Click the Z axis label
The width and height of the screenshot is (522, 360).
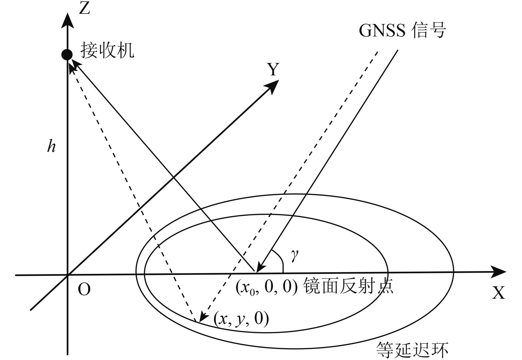[x=84, y=8]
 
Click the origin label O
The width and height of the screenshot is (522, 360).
[x=84, y=290]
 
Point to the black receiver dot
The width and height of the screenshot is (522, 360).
[x=67, y=55]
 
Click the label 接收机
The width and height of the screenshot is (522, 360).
[x=107, y=51]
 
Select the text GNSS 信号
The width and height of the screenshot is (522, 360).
[x=402, y=30]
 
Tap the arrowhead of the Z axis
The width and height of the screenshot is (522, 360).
[x=67, y=21]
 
